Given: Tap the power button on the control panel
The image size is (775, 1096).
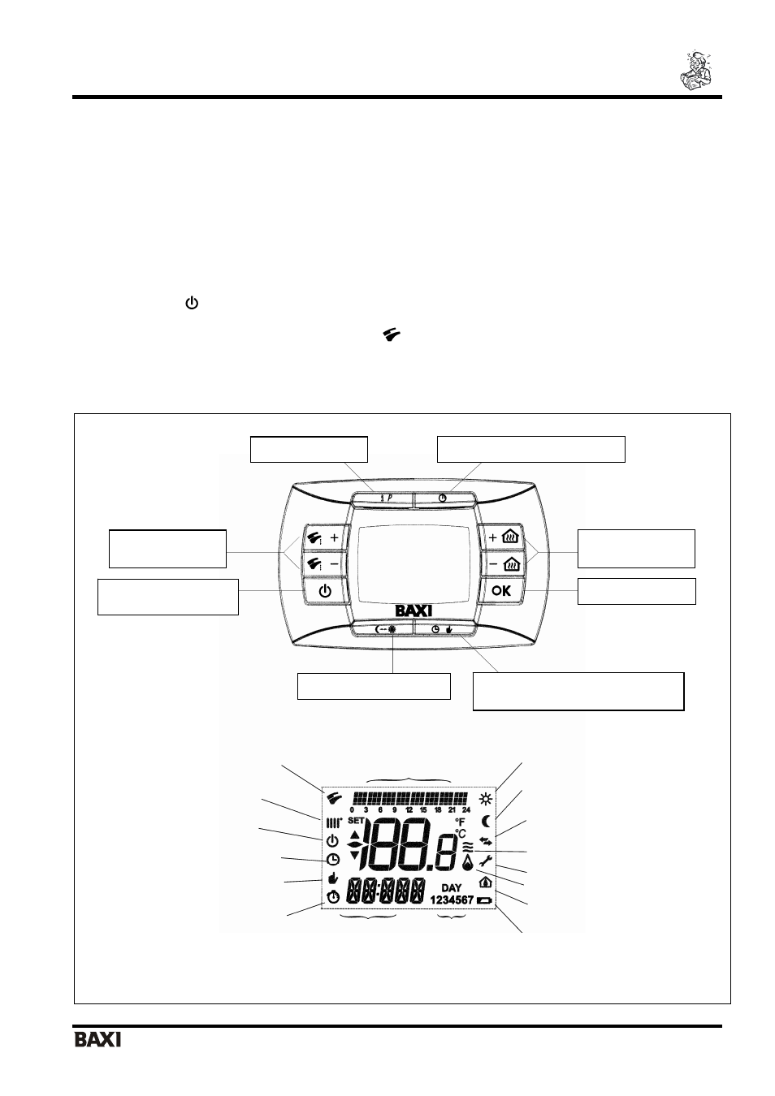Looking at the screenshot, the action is [325, 591].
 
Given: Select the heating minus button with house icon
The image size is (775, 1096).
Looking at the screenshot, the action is [504, 564].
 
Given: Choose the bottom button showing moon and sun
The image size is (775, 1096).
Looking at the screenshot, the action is [383, 629].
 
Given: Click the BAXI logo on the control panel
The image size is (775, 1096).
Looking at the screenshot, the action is [413, 611].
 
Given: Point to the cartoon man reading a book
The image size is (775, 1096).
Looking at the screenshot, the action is [695, 70].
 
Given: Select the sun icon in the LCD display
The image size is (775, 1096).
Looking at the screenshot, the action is [486, 800].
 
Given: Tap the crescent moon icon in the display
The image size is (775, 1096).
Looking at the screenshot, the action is [486, 821].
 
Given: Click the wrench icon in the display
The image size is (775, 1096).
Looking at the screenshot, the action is [485, 861].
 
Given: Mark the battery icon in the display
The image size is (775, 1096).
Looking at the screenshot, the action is [485, 900].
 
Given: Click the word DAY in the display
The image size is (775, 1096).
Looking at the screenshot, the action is [451, 887].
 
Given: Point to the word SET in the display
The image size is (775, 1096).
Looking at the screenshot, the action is [356, 820].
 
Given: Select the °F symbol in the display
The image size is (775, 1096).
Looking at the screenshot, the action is [460, 822].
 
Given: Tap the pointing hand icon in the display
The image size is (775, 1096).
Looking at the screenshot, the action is [333, 878].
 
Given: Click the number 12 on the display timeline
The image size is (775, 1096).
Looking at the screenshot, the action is [409, 810].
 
